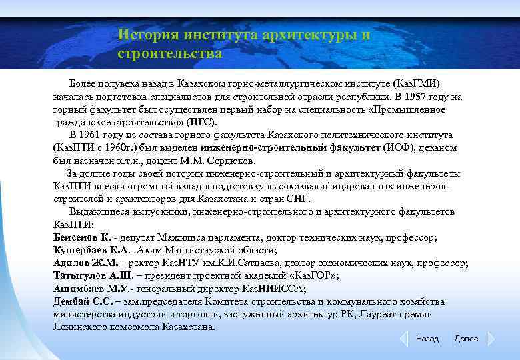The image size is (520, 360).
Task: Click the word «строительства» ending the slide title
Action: click(169, 51)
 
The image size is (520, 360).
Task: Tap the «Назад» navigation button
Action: click(427, 339)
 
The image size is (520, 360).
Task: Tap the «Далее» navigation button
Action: click(466, 339)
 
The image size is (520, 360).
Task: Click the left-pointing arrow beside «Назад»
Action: click(403, 339)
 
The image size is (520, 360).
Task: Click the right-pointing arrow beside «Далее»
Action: click(491, 339)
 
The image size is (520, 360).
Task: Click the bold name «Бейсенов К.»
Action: click(82, 237)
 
